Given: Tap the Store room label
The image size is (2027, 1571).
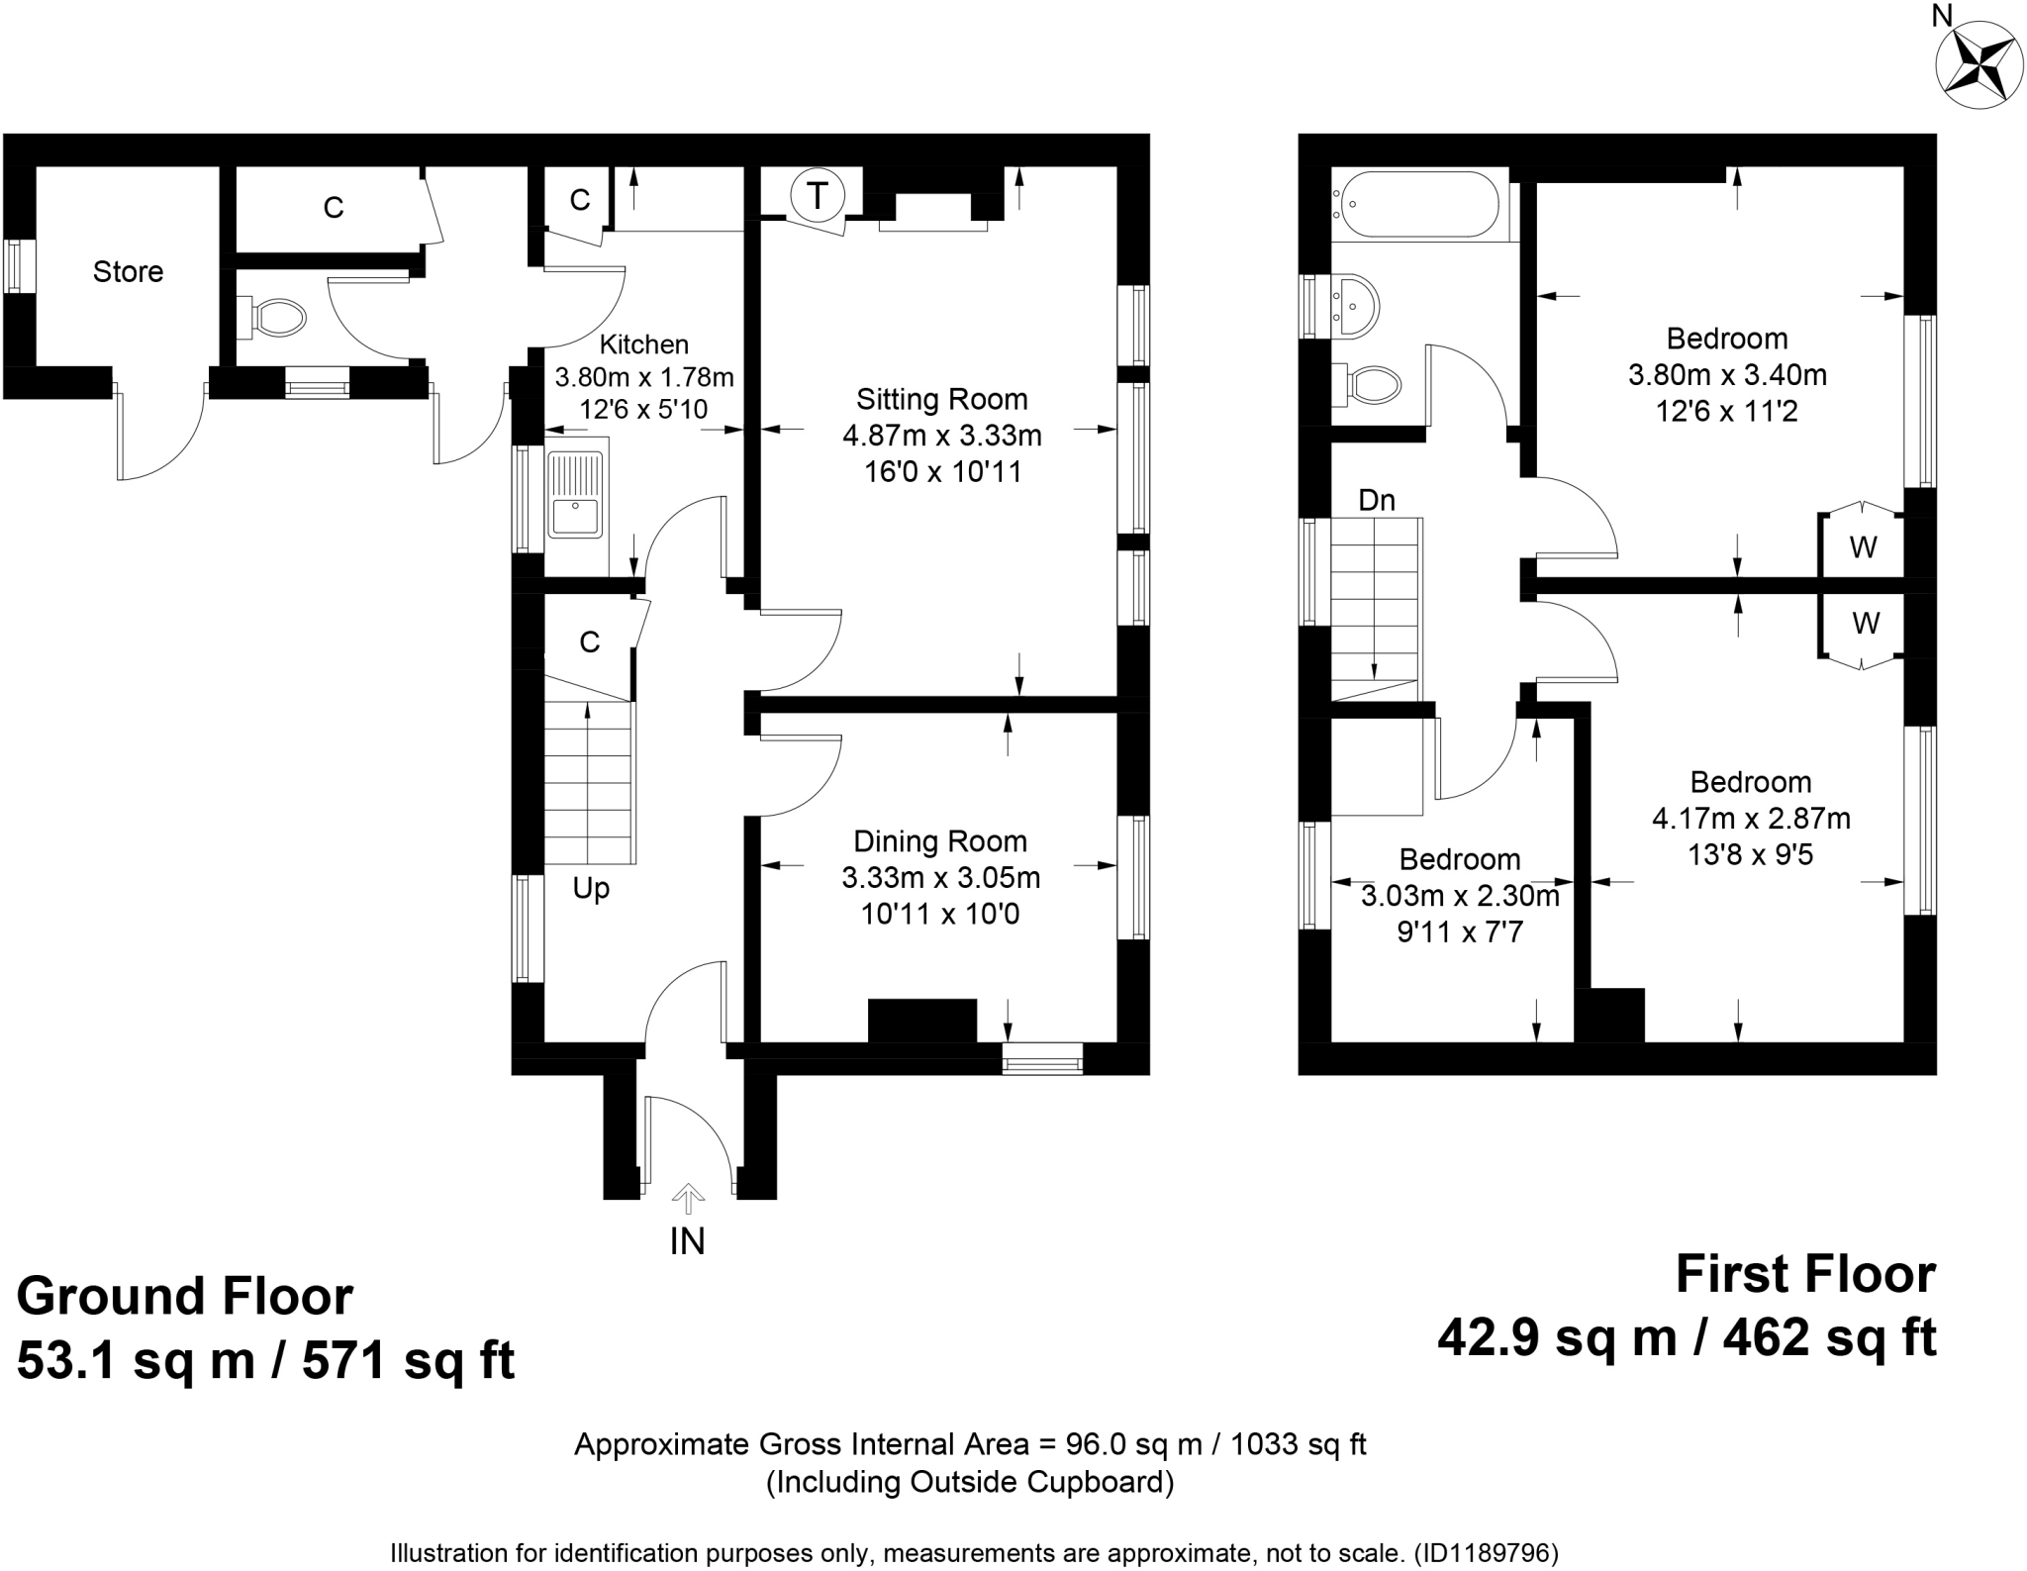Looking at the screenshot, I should [128, 272].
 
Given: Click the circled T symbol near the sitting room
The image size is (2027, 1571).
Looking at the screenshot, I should [817, 196].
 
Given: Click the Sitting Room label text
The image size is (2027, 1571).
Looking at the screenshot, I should [941, 400].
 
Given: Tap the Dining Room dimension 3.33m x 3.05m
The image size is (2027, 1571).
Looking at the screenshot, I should [940, 878].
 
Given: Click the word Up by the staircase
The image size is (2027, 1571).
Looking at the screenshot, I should [591, 889].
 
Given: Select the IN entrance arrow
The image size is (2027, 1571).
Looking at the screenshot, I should [687, 1200].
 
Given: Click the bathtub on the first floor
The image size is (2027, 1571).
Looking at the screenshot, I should [1416, 204].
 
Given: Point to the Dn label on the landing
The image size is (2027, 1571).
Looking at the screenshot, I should [1376, 501].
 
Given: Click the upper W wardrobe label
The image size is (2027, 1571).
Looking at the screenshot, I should [1863, 547].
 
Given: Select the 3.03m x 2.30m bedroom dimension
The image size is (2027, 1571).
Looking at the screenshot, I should [1459, 897].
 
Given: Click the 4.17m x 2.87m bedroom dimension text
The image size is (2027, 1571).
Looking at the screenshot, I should [1750, 819].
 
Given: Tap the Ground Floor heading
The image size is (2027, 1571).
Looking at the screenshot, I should [184, 1297].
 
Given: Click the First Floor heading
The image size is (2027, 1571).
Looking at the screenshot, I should [1804, 1275].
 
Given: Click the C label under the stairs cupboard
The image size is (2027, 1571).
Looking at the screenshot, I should [590, 643].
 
